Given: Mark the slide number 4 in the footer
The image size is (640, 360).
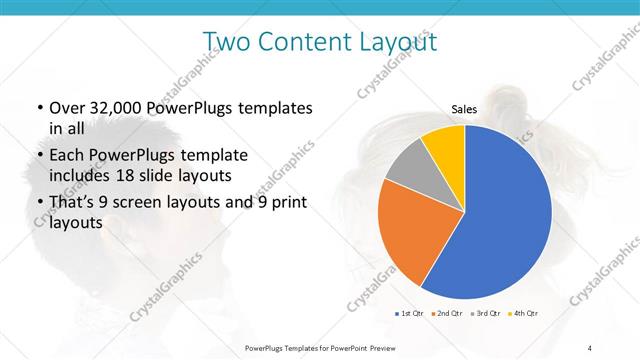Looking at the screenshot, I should [x=590, y=347].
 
